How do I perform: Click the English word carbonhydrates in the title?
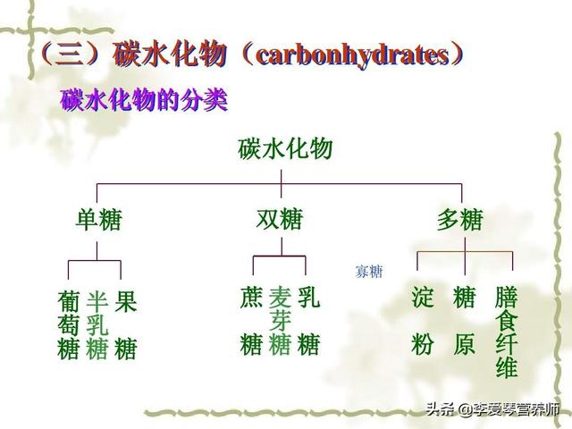click(x=353, y=55)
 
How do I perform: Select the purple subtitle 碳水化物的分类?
click(x=145, y=99)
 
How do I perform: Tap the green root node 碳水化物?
click(x=285, y=149)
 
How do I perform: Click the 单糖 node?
click(x=98, y=219)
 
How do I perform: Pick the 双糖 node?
click(x=280, y=219)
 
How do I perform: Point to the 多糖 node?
click(x=460, y=219)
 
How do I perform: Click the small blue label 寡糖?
click(x=369, y=272)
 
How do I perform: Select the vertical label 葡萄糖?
click(x=68, y=325)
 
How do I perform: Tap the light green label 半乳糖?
click(x=97, y=325)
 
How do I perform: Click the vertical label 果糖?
click(x=126, y=325)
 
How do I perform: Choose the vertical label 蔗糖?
click(x=251, y=321)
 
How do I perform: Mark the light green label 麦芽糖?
click(x=280, y=321)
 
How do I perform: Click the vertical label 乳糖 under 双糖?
click(x=308, y=321)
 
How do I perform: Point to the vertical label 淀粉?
click(x=423, y=321)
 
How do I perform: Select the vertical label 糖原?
click(x=465, y=321)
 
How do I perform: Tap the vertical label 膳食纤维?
click(x=507, y=332)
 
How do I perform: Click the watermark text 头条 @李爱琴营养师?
click(x=492, y=409)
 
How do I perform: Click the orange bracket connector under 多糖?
click(x=465, y=252)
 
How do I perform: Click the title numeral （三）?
click(x=71, y=55)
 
